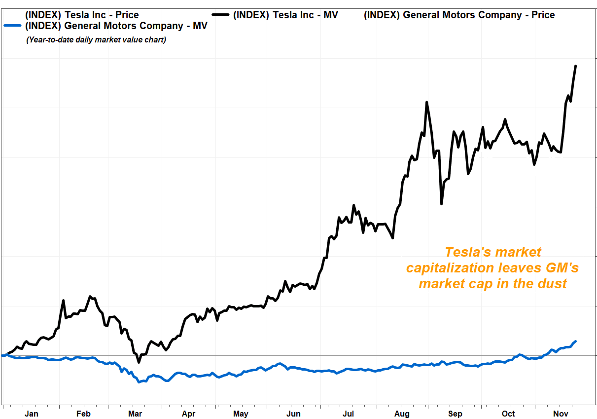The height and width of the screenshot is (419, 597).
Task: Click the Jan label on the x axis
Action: tap(31, 414)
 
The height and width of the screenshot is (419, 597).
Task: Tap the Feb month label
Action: tap(83, 414)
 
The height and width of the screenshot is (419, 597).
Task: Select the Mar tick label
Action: tap(135, 414)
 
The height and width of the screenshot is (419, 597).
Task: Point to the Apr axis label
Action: tap(188, 414)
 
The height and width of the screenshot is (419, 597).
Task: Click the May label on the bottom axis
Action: tap(241, 414)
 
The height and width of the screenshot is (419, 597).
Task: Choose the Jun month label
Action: tap(294, 414)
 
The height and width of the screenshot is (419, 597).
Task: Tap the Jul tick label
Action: tap(348, 414)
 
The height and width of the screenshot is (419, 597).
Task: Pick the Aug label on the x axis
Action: tap(402, 414)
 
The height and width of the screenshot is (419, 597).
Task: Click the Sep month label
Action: tap(455, 414)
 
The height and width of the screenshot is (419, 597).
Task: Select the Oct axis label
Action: tap(508, 414)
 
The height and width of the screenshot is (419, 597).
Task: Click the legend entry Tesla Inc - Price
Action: tap(82, 15)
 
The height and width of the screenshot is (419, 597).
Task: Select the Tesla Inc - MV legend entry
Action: tap(285, 15)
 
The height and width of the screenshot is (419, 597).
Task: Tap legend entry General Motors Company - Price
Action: tap(459, 15)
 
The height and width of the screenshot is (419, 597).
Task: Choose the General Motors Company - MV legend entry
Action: tap(116, 26)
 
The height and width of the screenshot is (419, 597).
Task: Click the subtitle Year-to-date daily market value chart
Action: tap(96, 39)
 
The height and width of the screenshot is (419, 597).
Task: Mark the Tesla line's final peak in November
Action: tap(575, 66)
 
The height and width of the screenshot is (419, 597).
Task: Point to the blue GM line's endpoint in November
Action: tap(575, 341)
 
